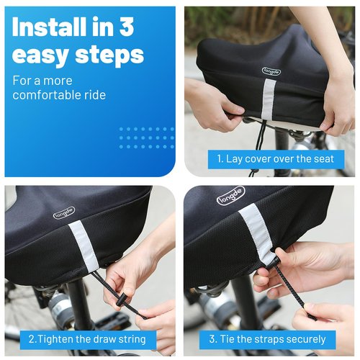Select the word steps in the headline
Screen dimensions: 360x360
(107, 55)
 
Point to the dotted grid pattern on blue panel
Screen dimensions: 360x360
(146, 138)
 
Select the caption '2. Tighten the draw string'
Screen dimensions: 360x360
(87, 338)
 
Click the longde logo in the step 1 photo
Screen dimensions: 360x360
(272, 71)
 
